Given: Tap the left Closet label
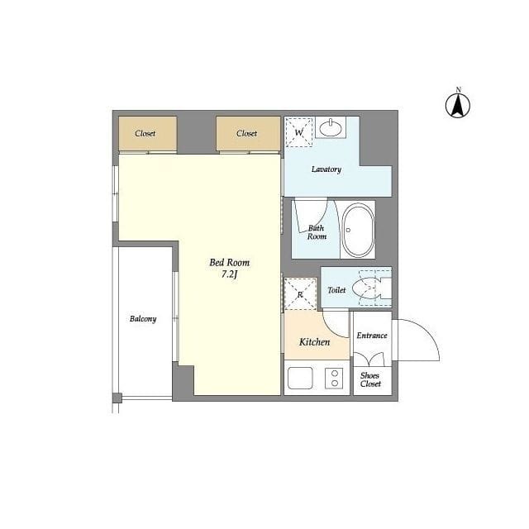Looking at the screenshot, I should [x=145, y=133].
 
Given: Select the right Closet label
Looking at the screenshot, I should [x=246, y=133].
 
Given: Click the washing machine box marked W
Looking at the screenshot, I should [x=298, y=131].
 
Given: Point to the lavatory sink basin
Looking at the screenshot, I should [x=332, y=128].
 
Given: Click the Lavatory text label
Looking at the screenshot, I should [x=326, y=169].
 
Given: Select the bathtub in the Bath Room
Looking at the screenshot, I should [x=358, y=230].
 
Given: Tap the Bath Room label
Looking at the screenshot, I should [x=317, y=232].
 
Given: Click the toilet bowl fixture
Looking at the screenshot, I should [x=367, y=288].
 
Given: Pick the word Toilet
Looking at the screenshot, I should [x=336, y=290].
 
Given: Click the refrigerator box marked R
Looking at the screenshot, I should [x=299, y=294].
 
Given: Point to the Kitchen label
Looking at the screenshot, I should [x=314, y=341].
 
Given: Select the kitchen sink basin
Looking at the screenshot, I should [x=300, y=380].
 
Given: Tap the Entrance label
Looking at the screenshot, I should [x=372, y=336].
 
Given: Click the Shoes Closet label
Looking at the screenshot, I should [x=370, y=380].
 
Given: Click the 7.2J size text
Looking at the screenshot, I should [x=229, y=274].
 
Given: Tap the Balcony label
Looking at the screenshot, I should [x=142, y=319].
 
